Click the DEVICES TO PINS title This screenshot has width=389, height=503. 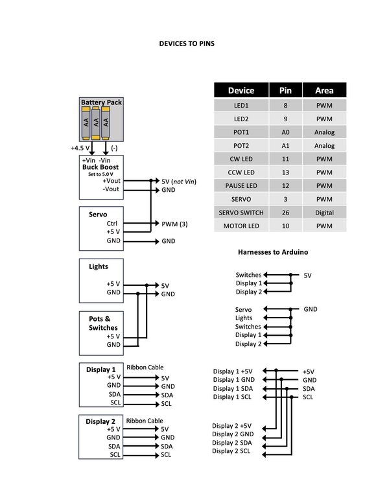coord(187,43)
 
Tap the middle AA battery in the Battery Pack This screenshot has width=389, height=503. coord(96,123)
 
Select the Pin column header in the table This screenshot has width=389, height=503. coord(285,91)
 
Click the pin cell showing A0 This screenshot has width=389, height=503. coord(285,132)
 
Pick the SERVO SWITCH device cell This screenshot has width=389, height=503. coord(241,213)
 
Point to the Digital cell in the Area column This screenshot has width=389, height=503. coord(324,213)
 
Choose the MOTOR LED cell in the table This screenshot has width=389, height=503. coord(241,226)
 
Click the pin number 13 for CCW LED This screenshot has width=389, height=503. coord(285,172)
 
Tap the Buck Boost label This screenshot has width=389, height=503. coord(100,167)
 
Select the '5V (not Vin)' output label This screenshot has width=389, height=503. coord(179,181)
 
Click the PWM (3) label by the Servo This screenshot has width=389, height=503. coord(174,224)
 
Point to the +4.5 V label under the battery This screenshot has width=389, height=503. coord(80,148)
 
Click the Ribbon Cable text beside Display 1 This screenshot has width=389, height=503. coord(145,368)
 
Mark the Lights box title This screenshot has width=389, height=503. coord(98,266)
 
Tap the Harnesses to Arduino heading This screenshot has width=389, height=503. coord(273,252)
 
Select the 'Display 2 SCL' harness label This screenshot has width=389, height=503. coord(231,451)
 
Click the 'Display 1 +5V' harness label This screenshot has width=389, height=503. coord(233,371)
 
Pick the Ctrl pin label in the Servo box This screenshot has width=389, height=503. coord(112,223)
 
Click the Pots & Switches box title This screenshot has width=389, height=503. coord(103,323)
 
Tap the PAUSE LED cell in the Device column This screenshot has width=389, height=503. coord(241,186)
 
